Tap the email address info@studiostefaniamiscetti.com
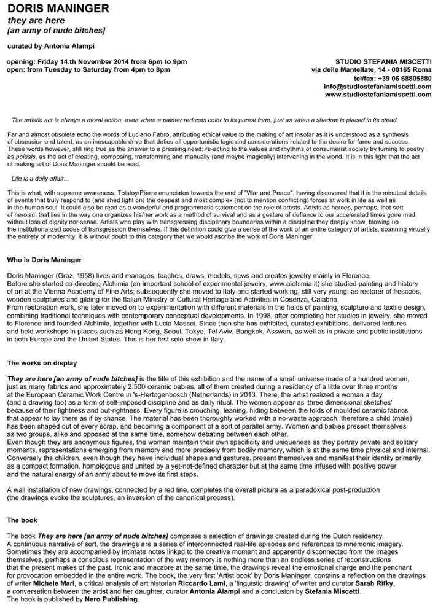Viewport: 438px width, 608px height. click(x=377, y=87)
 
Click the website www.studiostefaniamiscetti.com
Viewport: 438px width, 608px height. click(x=378, y=95)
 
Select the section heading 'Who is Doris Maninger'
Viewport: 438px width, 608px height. click(x=44, y=260)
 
